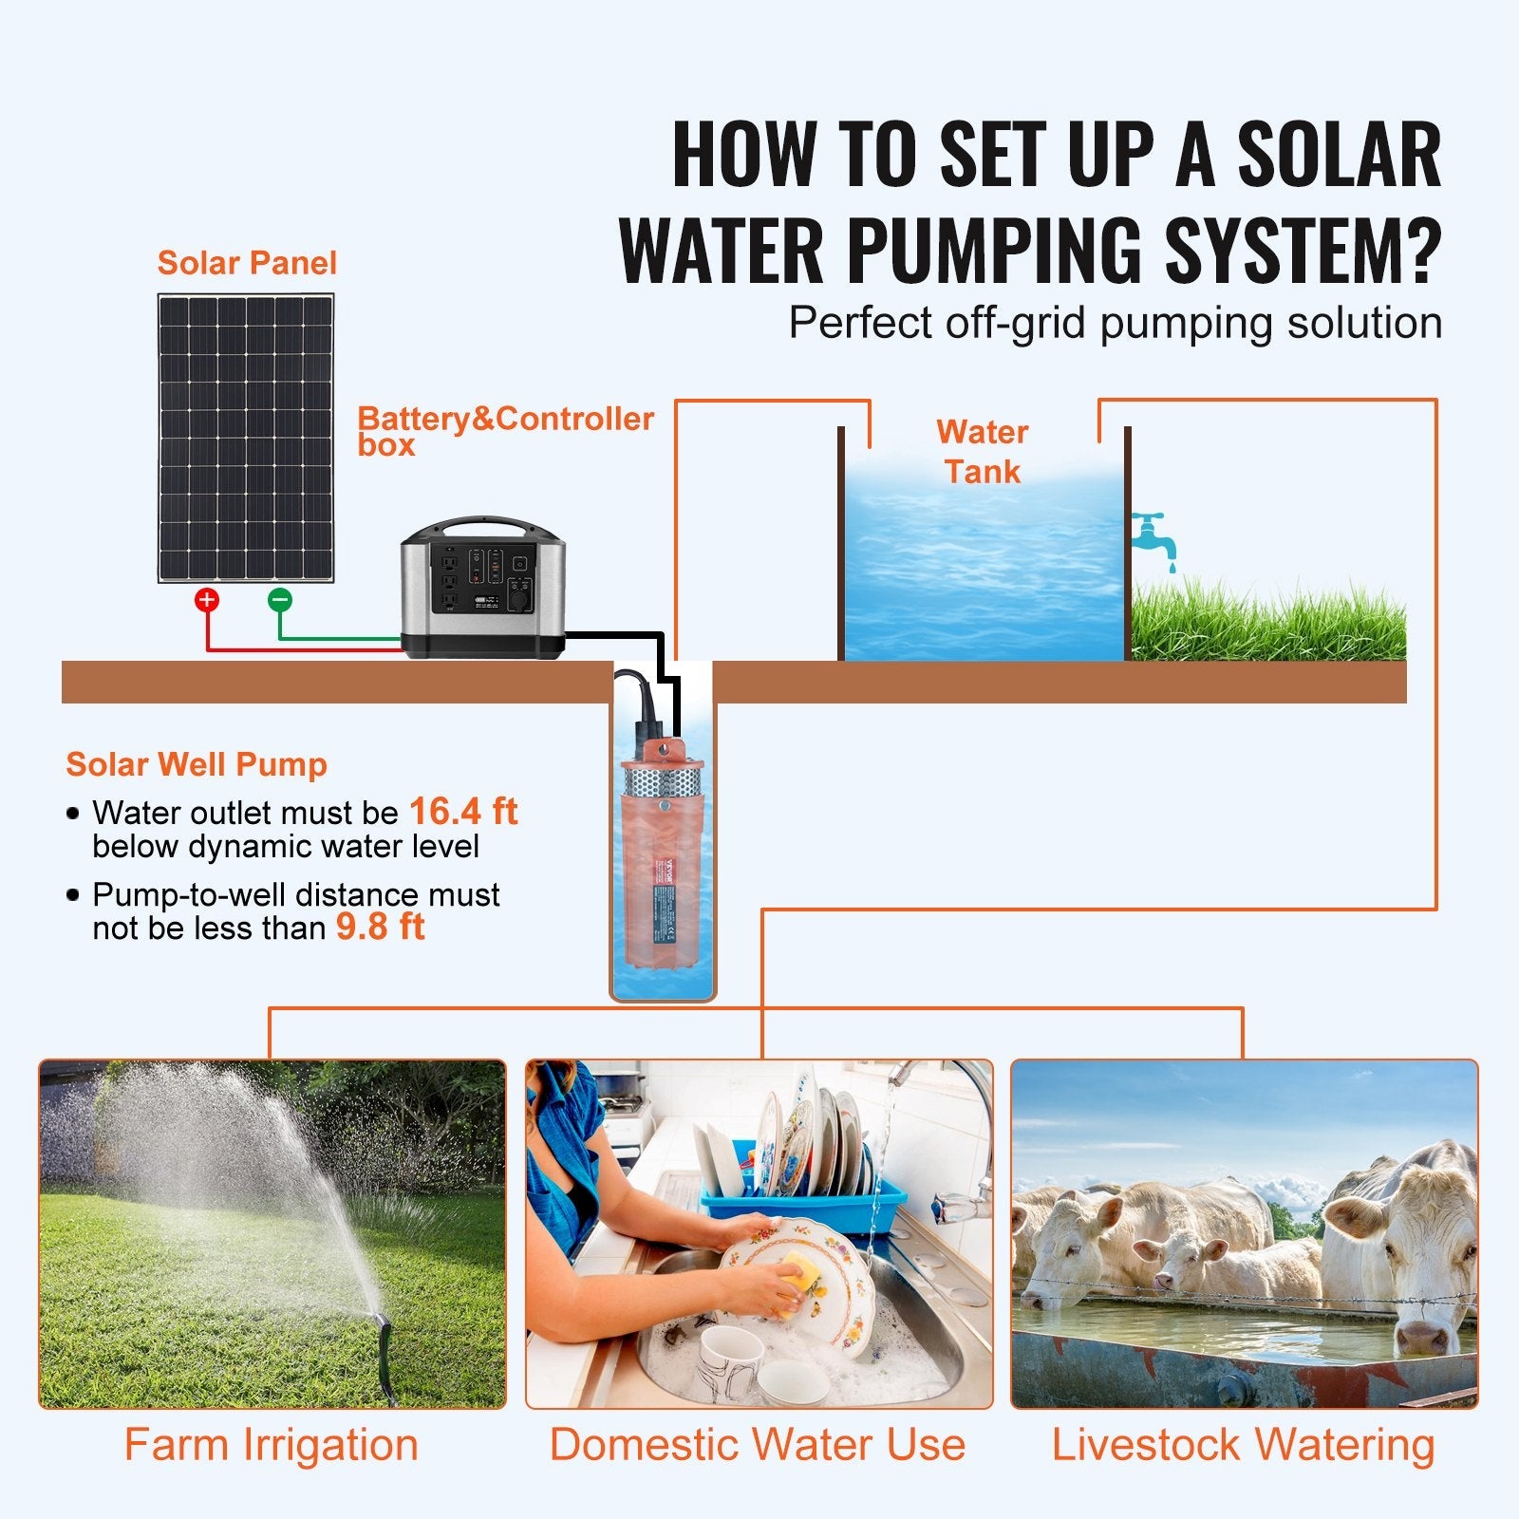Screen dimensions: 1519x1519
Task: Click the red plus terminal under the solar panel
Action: pyautogui.click(x=207, y=599)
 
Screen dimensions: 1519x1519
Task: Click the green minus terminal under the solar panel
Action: pyautogui.click(x=279, y=599)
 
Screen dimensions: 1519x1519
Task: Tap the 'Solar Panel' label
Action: pyautogui.click(x=247, y=263)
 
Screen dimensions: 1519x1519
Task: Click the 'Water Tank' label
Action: pyautogui.click(x=982, y=452)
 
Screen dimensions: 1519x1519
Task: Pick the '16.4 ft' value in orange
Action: pyautogui.click(x=463, y=812)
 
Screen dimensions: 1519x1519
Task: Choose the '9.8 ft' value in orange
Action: pyautogui.click(x=380, y=927)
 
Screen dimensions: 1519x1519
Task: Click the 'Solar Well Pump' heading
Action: pyautogui.click(x=197, y=764)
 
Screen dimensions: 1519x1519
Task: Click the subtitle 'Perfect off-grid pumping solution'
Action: pyautogui.click(x=1115, y=323)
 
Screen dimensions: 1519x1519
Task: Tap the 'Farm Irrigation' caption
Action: pyautogui.click(x=272, y=1445)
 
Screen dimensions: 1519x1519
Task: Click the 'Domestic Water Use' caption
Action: pyautogui.click(x=758, y=1445)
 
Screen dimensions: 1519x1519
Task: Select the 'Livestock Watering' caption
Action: pyautogui.click(x=1243, y=1445)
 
